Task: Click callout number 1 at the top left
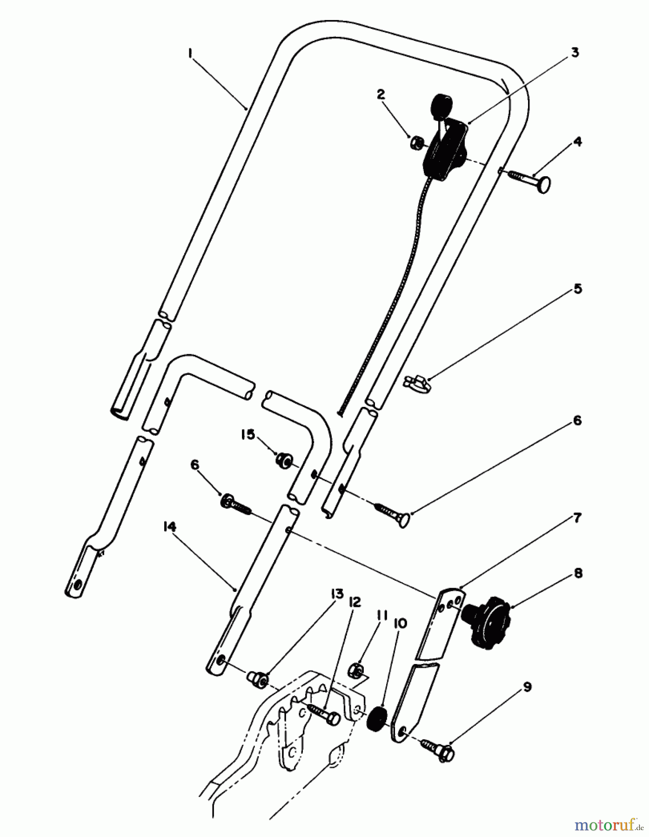click(x=190, y=54)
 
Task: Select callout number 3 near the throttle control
click(x=575, y=53)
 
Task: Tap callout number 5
click(x=577, y=289)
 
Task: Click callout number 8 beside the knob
click(x=577, y=573)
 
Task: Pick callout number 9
click(x=528, y=687)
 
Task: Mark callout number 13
click(x=337, y=594)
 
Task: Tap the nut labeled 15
click(x=282, y=461)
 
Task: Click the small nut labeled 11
click(x=356, y=671)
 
